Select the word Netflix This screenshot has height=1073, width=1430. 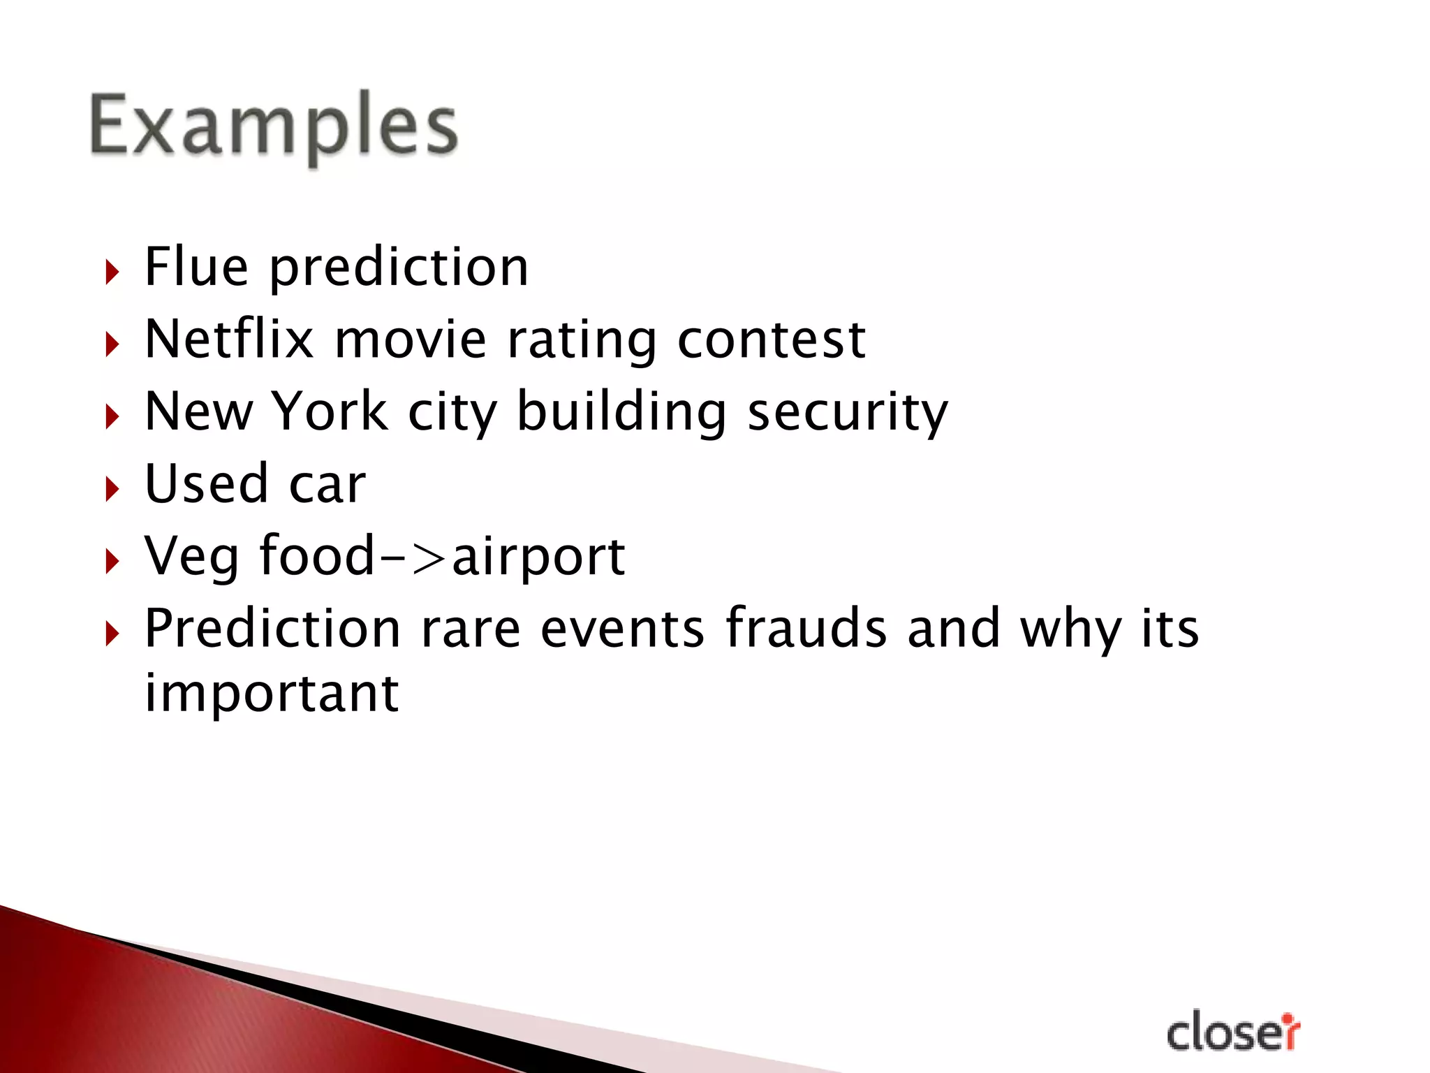(x=229, y=339)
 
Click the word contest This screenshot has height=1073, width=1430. (x=772, y=340)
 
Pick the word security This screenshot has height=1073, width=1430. (x=848, y=412)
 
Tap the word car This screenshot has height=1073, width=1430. (x=327, y=486)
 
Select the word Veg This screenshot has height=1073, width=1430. (x=191, y=556)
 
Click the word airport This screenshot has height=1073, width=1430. (x=538, y=557)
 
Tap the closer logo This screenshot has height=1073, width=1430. (x=1233, y=1032)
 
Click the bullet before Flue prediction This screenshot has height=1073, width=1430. (x=112, y=271)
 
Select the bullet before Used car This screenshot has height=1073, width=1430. (x=112, y=488)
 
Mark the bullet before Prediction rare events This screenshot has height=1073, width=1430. (x=112, y=633)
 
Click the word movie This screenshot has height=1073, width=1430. (x=410, y=339)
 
